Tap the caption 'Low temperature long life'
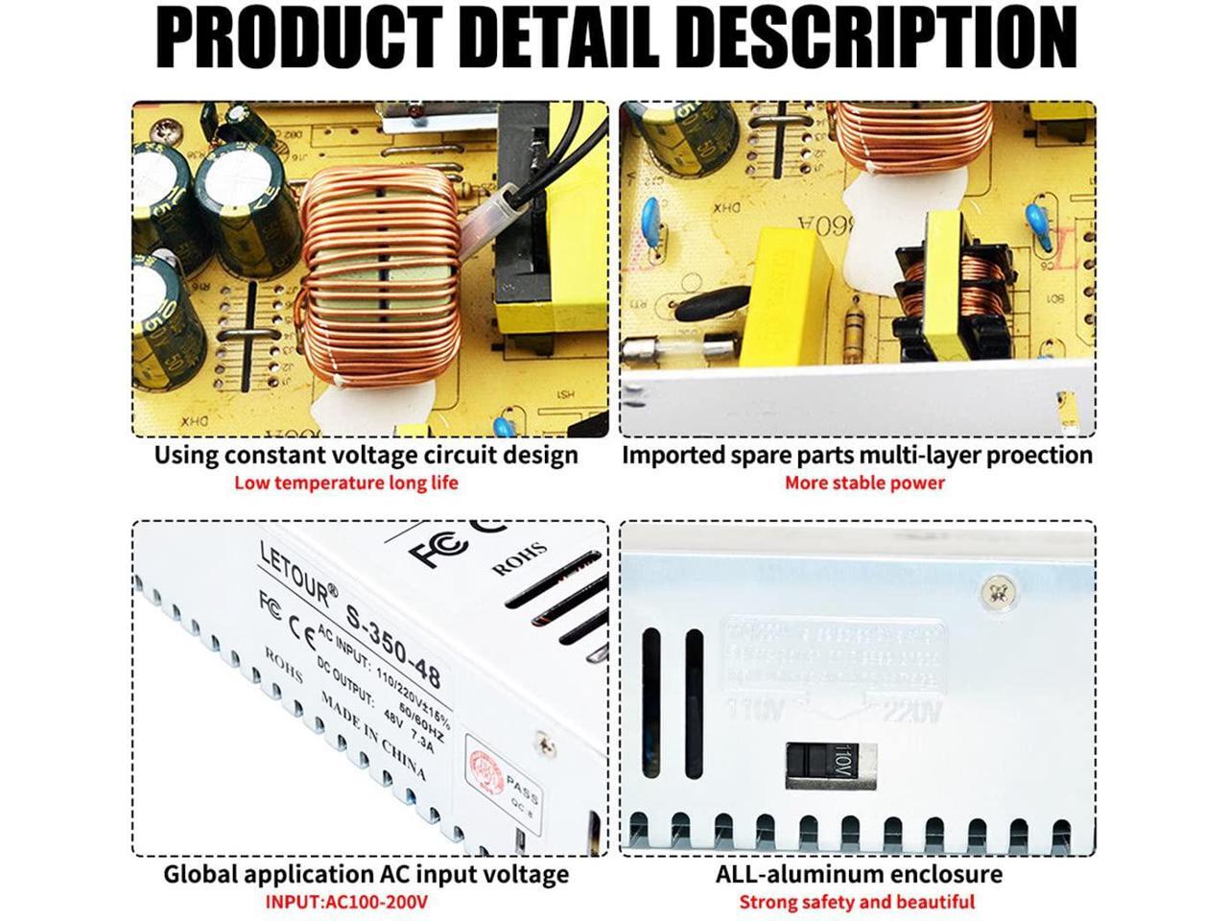coord(346,483)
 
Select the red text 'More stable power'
coord(864,483)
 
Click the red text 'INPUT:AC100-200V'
coord(346,903)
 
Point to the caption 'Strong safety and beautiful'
coord(857,903)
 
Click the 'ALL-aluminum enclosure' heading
coord(859,874)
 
